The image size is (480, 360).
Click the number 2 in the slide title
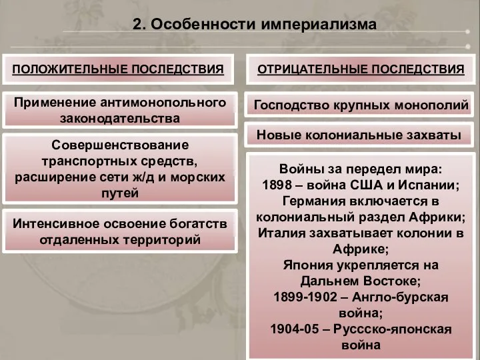(137, 25)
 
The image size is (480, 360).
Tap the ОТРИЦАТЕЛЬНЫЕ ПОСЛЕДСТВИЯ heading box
(361, 69)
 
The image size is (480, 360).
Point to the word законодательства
(120, 119)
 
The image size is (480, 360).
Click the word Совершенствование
(120, 145)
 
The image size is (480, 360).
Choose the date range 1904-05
(296, 329)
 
